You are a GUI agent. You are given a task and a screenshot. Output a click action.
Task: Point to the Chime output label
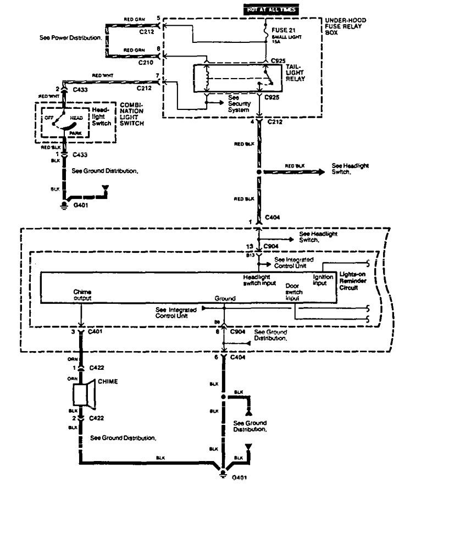82,295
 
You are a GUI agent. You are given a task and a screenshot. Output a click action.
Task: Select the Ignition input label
320,280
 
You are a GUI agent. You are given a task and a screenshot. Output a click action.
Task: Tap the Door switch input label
294,292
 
